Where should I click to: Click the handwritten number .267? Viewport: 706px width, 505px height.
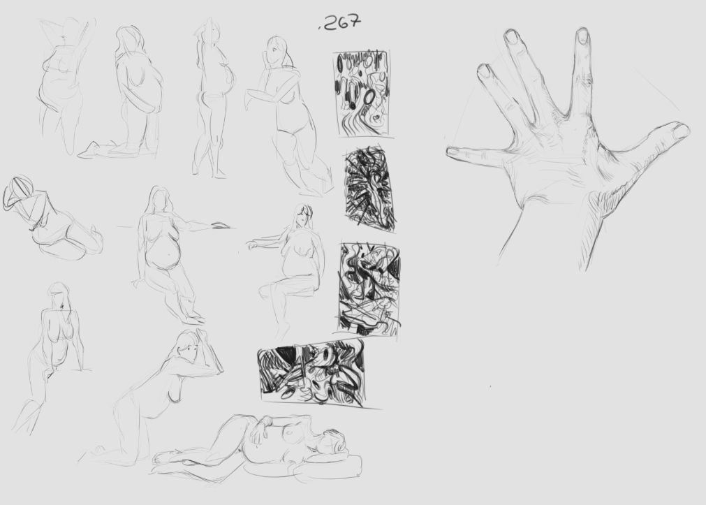click(x=340, y=22)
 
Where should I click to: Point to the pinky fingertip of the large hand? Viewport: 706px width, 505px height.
click(x=453, y=152)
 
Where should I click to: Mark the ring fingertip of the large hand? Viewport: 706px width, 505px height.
click(x=484, y=71)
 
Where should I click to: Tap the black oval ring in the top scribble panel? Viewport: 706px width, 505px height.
click(x=369, y=96)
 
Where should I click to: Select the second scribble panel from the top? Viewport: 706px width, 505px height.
click(x=370, y=189)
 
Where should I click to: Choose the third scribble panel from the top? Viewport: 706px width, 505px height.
click(x=369, y=288)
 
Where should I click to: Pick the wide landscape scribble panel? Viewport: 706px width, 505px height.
click(x=312, y=372)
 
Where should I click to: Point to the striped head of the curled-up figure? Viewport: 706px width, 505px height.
click(x=18, y=193)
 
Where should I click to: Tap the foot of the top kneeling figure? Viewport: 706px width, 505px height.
click(x=89, y=149)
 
